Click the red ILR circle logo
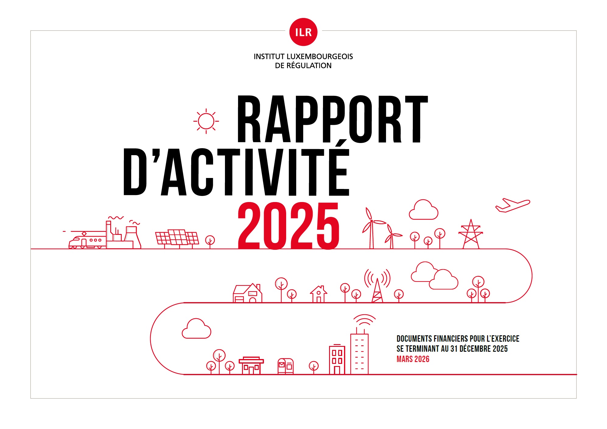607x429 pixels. [303, 32]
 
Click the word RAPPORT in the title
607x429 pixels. [332, 119]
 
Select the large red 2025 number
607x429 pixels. [288, 226]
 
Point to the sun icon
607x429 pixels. [206, 121]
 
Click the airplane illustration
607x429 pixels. [513, 205]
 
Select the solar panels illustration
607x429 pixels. [177, 238]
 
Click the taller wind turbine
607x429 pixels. [372, 228]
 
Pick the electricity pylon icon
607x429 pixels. [471, 234]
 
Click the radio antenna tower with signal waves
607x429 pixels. [377, 286]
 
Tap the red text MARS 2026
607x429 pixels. [413, 359]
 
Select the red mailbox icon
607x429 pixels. [286, 366]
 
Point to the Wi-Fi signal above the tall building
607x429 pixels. [364, 320]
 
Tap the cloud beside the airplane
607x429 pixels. [423, 210]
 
